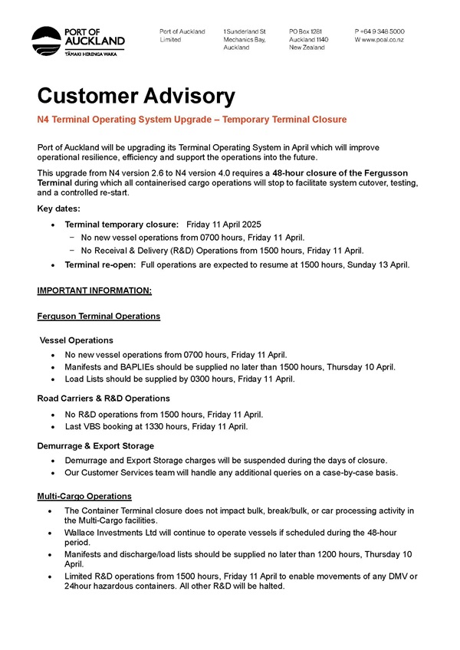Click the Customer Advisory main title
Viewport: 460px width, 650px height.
click(x=136, y=96)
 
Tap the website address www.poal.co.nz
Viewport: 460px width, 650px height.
click(x=385, y=39)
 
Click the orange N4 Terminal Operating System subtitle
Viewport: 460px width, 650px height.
click(x=192, y=120)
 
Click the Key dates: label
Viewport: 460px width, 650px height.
click(x=58, y=208)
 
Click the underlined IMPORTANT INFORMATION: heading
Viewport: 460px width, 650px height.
click(x=94, y=291)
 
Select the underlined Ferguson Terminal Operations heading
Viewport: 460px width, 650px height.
click(x=98, y=316)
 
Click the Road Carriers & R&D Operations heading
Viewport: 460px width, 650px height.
click(x=103, y=399)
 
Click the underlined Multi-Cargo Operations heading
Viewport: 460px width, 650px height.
click(x=84, y=496)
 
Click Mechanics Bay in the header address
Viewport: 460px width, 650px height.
click(x=244, y=39)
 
